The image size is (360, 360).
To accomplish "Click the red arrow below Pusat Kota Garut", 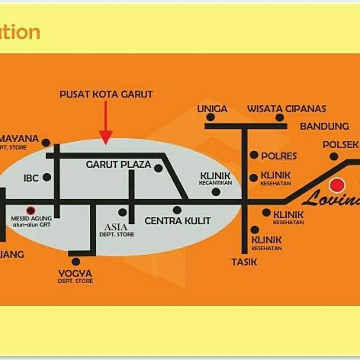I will [x=106, y=122].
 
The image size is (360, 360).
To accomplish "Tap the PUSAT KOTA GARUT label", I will [x=106, y=94].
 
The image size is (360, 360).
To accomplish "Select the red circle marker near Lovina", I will [x=337, y=186].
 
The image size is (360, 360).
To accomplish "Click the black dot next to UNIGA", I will [x=210, y=117].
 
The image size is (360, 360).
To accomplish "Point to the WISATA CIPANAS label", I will [x=286, y=109].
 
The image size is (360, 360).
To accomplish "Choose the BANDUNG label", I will [x=324, y=126].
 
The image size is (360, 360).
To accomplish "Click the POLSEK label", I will [x=341, y=144].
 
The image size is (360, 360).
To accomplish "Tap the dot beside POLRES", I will [x=254, y=155].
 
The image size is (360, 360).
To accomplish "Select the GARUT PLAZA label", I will [x=119, y=164].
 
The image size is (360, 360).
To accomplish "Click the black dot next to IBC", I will [x=47, y=177].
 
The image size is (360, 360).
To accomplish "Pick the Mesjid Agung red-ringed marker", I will [x=30, y=210].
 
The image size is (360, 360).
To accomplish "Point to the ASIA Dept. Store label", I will [x=117, y=229].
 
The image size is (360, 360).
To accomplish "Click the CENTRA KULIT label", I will [x=178, y=221].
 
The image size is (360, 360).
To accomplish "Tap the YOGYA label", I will [x=75, y=274].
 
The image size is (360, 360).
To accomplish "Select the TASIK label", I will [x=244, y=262].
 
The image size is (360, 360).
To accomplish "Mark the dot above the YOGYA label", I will [x=76, y=262].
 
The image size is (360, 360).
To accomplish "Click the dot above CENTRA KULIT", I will [x=177, y=210].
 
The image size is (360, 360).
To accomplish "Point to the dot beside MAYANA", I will [x=46, y=143].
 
